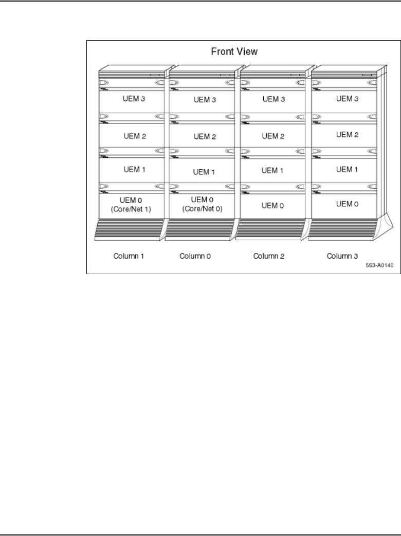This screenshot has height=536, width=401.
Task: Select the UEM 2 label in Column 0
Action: tap(205, 137)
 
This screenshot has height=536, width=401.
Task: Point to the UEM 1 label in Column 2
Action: tap(273, 170)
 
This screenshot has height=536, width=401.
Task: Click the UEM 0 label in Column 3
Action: tap(347, 204)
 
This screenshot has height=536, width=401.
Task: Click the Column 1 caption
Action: tap(130, 256)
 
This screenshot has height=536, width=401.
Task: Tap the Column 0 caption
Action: tap(199, 256)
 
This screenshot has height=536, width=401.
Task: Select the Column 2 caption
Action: tap(272, 256)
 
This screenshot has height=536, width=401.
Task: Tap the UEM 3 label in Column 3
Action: tap(347, 98)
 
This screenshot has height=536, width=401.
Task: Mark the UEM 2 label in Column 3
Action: tap(347, 135)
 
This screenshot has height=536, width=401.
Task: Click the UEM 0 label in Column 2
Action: tap(273, 206)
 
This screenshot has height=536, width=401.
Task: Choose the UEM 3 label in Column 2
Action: tap(273, 98)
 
